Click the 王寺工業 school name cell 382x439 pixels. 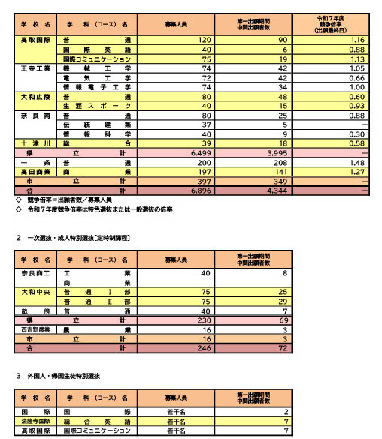click(x=35, y=68)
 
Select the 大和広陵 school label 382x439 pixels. click(x=35, y=96)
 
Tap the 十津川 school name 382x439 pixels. click(x=35, y=143)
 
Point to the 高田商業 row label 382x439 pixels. click(x=35, y=172)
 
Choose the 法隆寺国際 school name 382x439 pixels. click(x=35, y=422)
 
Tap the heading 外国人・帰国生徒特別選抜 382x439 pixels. click(x=68, y=374)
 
